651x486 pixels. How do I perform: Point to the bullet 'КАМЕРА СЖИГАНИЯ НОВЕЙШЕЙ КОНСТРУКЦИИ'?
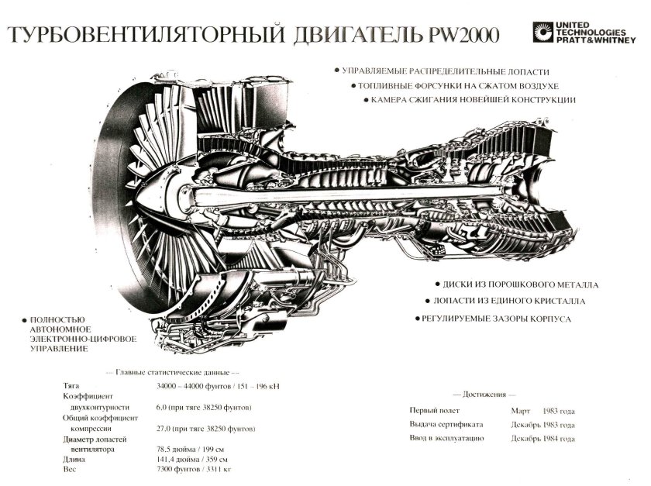[472, 100]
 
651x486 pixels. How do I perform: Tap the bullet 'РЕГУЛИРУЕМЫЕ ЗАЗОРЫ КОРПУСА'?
[497, 319]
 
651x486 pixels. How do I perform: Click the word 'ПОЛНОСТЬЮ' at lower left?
[58, 320]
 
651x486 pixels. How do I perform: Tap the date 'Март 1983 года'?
[542, 411]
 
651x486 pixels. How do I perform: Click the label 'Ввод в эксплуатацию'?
[447, 438]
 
